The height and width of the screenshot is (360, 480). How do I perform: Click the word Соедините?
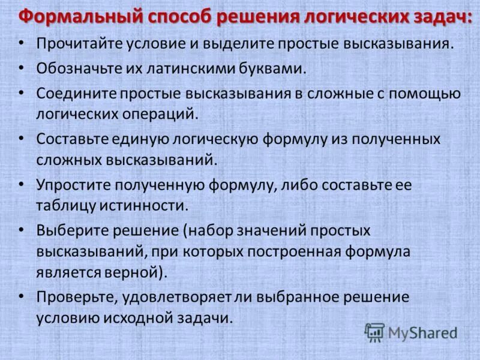tap(76, 94)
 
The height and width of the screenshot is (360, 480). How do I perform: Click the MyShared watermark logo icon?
tap(375, 332)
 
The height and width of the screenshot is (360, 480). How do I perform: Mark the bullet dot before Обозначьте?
tap(22, 68)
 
